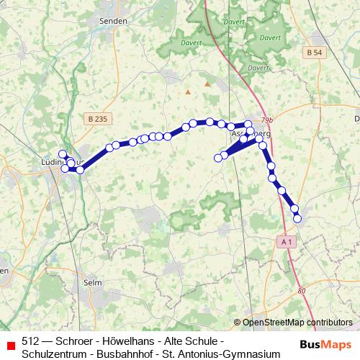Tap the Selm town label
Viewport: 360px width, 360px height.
click(92, 282)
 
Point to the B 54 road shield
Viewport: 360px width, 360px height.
click(312, 53)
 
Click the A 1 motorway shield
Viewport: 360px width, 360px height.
click(287, 243)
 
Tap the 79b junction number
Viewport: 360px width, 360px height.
click(268, 120)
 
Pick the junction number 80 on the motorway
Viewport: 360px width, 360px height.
click(302, 291)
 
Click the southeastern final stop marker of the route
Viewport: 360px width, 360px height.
click(298, 218)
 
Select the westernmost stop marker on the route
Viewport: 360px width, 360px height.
click(63, 153)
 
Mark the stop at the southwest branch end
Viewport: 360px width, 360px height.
click(218, 158)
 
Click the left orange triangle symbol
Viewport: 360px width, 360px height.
click(188, 92)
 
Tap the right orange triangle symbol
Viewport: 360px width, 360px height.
click(207, 84)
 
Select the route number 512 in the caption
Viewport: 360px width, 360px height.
click(30, 341)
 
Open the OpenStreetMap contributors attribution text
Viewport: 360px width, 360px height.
click(297, 322)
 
